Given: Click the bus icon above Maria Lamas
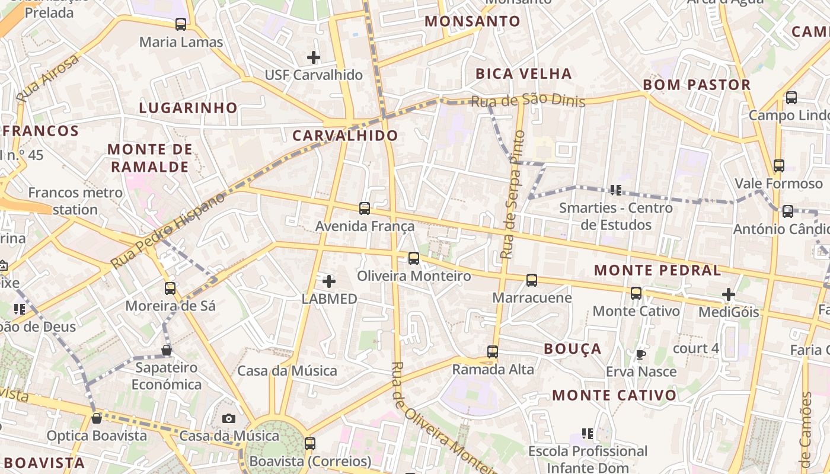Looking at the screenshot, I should point(181,24).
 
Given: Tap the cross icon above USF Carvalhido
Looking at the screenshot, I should point(314,57).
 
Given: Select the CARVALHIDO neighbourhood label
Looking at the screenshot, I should point(346,136).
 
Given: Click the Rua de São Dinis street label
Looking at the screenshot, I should point(528,101).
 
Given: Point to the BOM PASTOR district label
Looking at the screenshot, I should point(697,85).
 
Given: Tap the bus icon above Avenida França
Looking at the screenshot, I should point(365,209).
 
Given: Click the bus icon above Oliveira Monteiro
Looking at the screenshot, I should point(414,258).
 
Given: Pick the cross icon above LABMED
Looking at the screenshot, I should point(329,281).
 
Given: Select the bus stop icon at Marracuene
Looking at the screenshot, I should point(532,280).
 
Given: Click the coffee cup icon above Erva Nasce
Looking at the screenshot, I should point(640,354).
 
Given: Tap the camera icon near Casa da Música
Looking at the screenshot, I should point(229,418).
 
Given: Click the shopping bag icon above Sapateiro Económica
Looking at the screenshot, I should point(167,350).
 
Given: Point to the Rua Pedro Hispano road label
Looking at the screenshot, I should point(168,230).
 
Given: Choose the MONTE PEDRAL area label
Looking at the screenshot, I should point(657,271).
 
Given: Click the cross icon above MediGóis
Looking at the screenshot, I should point(729,294).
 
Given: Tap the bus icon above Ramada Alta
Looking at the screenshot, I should point(493,352).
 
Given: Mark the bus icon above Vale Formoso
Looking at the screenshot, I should point(779,166).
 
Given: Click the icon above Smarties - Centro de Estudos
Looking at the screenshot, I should point(616,190).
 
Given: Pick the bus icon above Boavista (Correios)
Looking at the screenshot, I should point(310,443).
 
